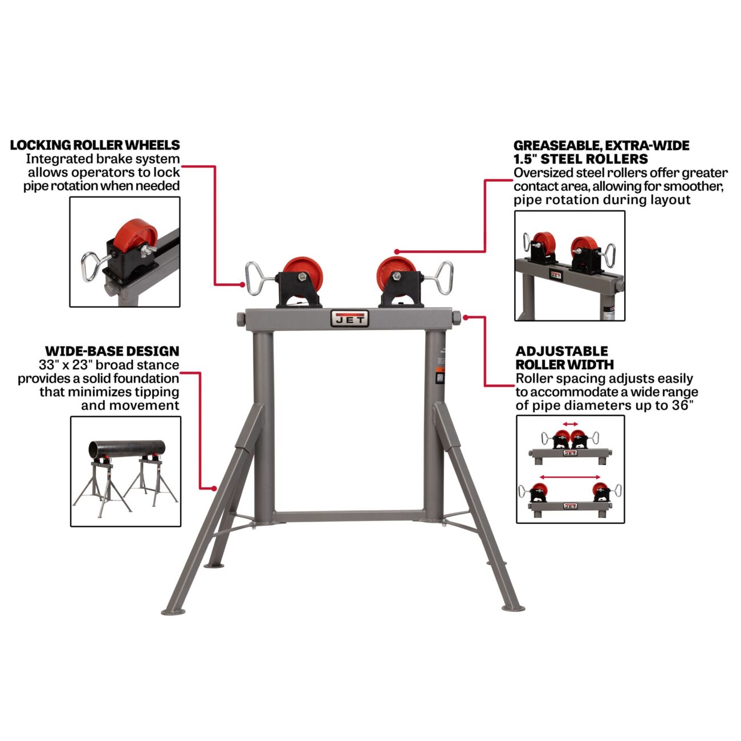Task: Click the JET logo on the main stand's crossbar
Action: (x=349, y=318)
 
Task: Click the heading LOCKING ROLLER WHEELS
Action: (x=95, y=145)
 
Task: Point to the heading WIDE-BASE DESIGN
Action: (x=112, y=351)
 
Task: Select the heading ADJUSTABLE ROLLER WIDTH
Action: (x=565, y=357)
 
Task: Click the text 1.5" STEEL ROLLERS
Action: (x=581, y=159)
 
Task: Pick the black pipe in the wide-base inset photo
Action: (x=127, y=449)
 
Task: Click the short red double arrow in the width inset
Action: (x=570, y=424)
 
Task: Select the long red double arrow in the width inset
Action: (x=570, y=477)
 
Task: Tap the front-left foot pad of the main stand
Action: (x=173, y=612)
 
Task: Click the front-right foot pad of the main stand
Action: (x=513, y=608)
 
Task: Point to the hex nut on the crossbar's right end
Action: (x=456, y=318)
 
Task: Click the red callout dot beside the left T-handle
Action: (x=242, y=284)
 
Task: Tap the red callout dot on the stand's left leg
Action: (x=214, y=488)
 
